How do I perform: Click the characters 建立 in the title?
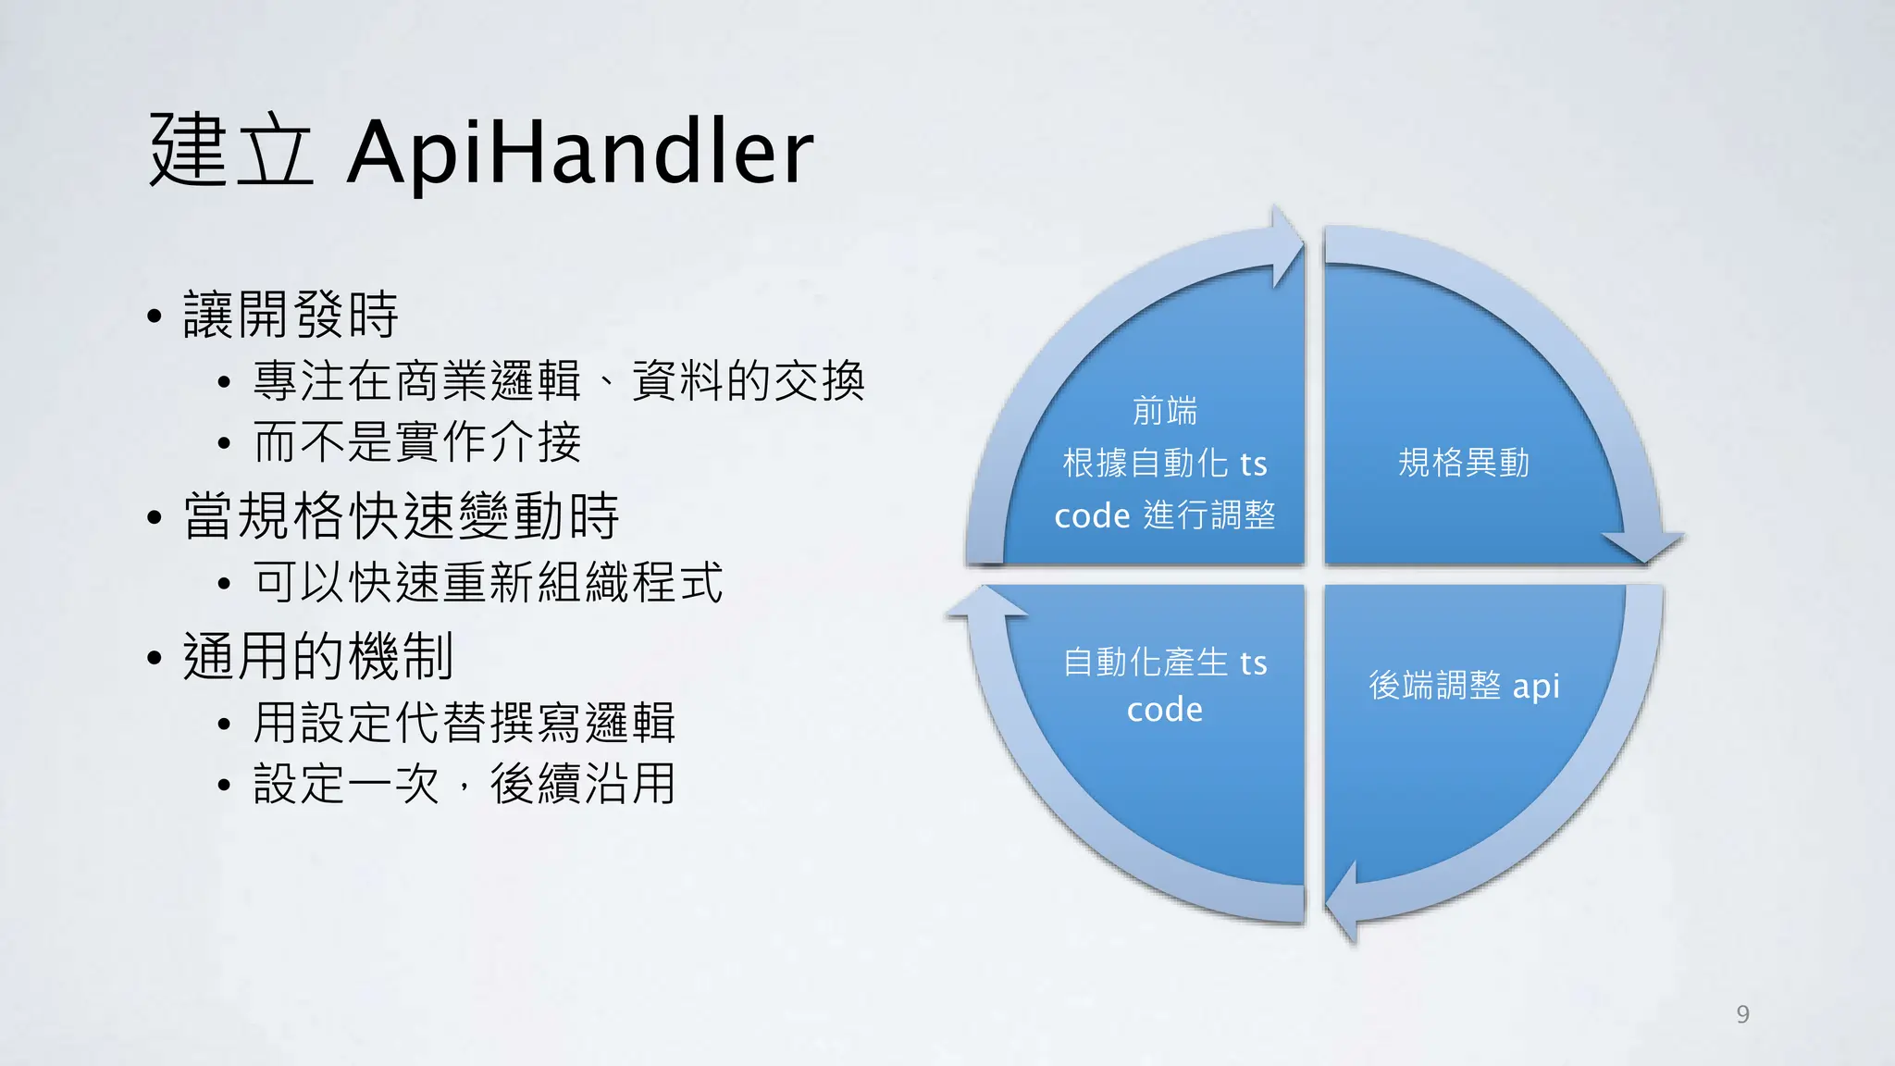(x=231, y=151)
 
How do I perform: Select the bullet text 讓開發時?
(x=291, y=315)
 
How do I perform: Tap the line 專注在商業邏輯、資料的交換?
(x=559, y=381)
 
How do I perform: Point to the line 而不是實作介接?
(x=417, y=442)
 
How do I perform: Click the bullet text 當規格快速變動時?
(x=401, y=516)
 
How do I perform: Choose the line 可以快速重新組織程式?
(x=488, y=583)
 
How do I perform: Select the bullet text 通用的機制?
(x=317, y=657)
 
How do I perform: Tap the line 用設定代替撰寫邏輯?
(x=464, y=723)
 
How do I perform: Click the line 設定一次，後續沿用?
(x=464, y=785)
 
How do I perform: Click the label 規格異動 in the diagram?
(x=1463, y=463)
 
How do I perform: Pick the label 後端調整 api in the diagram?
(x=1464, y=686)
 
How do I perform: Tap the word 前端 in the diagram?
(x=1165, y=411)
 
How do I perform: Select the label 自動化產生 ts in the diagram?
(x=1165, y=663)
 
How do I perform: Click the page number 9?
(x=1742, y=1014)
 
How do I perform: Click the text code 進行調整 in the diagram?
(x=1165, y=515)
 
